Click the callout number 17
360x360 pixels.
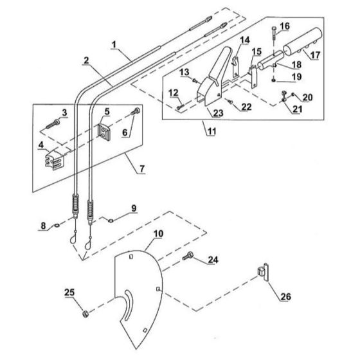[315, 55]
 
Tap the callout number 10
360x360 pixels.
[158, 234]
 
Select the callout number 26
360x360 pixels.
[286, 296]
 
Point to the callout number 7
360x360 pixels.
[142, 168]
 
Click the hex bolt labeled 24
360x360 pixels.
[188, 256]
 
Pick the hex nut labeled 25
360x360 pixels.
[85, 313]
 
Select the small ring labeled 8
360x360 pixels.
[57, 226]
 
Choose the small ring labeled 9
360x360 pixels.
[111, 221]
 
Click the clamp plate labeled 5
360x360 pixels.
[104, 132]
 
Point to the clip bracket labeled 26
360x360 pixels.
[263, 272]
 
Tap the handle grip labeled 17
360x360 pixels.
[303, 41]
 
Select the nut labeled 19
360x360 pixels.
[273, 80]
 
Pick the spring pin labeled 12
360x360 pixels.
[181, 107]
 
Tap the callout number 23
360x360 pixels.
[218, 113]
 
